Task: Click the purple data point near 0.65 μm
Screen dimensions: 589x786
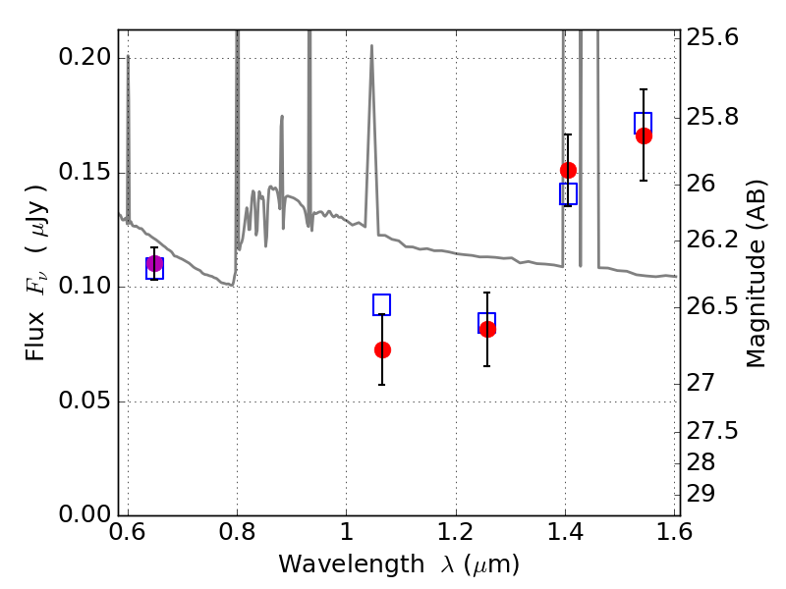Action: tap(154, 263)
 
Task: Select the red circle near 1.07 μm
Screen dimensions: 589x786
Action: tap(382, 349)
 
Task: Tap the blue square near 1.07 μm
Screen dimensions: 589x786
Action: tap(382, 304)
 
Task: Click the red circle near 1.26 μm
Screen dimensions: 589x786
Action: tap(487, 329)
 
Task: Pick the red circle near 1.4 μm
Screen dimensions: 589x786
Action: tap(568, 170)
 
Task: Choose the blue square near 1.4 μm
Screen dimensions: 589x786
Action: tap(568, 193)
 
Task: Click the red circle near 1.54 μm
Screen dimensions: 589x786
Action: tap(644, 135)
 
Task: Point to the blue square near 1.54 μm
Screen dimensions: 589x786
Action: tap(644, 123)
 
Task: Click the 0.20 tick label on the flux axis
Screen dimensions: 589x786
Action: tap(85, 58)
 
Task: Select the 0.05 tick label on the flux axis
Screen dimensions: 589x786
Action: tap(85, 402)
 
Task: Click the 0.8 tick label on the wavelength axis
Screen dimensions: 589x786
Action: tap(237, 534)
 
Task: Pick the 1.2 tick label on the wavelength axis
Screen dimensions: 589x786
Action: tap(455, 534)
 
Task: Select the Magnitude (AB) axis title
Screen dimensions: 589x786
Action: tap(756, 273)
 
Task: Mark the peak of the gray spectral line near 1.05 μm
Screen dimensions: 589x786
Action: tap(371, 46)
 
